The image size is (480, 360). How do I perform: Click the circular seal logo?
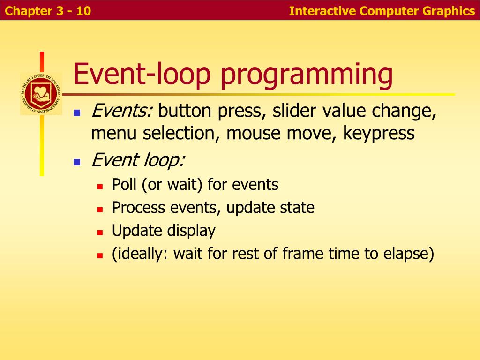(41, 94)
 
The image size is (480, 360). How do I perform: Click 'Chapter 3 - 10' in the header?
(48, 11)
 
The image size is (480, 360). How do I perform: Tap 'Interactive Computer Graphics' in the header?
(382, 11)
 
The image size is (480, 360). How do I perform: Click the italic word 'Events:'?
(122, 111)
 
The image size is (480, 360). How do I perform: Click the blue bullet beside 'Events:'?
(77, 113)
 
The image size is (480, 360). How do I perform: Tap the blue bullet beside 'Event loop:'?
(77, 162)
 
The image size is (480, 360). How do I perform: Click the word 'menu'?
(113, 134)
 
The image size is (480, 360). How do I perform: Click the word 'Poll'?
(124, 184)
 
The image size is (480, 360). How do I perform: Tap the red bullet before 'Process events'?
(100, 210)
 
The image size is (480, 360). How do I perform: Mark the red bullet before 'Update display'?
(100, 232)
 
